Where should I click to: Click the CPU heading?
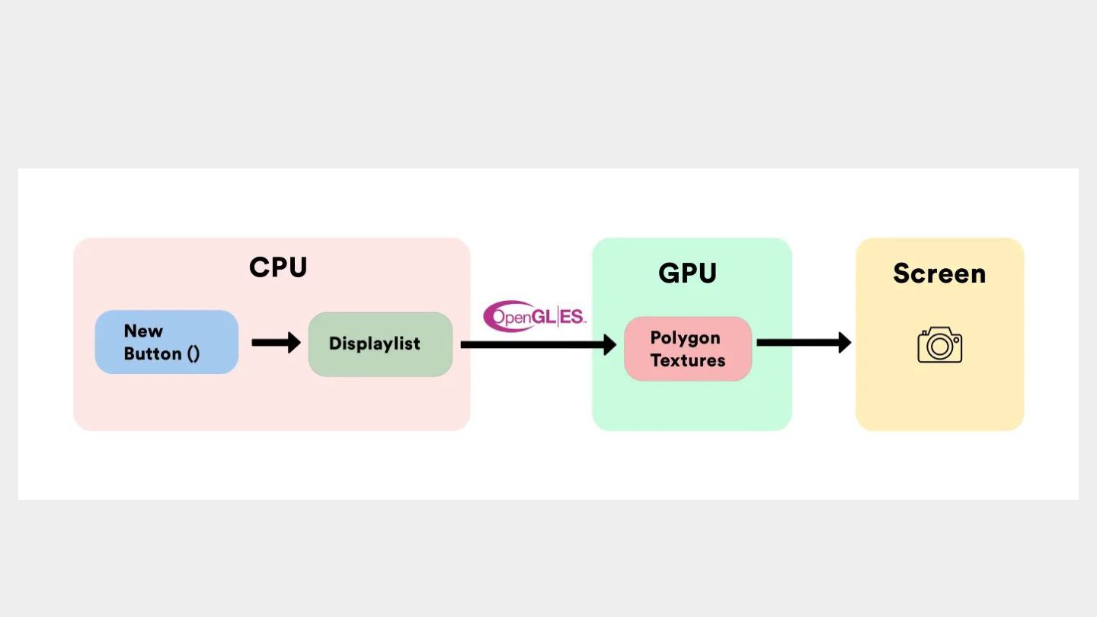tap(277, 267)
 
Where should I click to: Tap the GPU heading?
tap(687, 273)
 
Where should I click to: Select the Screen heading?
tap(939, 273)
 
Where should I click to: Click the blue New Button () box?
tap(167, 342)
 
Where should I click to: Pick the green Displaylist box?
tap(381, 344)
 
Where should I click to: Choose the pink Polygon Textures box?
tap(688, 349)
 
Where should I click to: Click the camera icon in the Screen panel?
tap(940, 345)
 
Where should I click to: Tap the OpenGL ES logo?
tap(535, 316)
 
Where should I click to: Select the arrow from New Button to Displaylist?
tap(277, 342)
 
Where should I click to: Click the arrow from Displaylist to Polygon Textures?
tap(539, 345)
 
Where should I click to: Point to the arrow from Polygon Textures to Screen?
tap(804, 342)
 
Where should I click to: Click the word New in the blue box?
tap(143, 331)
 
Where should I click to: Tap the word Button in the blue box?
tap(152, 353)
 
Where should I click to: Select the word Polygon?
tap(685, 338)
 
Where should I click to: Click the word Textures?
tap(688, 360)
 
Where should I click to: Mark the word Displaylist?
tap(375, 344)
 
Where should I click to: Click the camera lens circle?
tap(940, 347)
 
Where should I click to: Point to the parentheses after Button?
tap(193, 354)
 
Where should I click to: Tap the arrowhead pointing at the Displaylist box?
tap(295, 342)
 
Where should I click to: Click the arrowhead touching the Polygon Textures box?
tap(610, 345)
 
